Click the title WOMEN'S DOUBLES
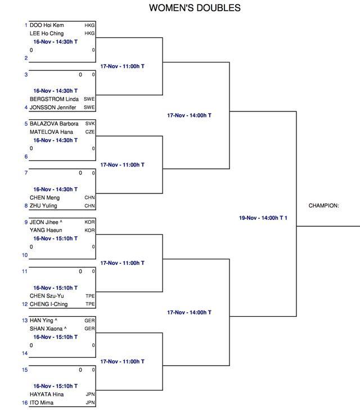[x=195, y=8]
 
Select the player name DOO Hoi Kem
[x=47, y=25]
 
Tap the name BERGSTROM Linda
[x=54, y=99]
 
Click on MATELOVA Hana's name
[x=51, y=132]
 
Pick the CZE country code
[x=90, y=132]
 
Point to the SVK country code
[x=90, y=124]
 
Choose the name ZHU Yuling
[x=43, y=205]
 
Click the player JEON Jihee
[x=44, y=222]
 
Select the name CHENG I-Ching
[x=49, y=304]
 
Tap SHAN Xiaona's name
[x=46, y=329]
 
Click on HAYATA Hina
[x=47, y=394]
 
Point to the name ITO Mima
[x=42, y=403]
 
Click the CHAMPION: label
[x=324, y=205]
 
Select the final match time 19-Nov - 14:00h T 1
[x=263, y=218]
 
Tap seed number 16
[x=25, y=403]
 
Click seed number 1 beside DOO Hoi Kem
[x=26, y=25]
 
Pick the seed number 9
[x=26, y=222]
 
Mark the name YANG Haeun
[x=46, y=230]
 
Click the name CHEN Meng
[x=45, y=197]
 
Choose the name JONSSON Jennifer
[x=53, y=107]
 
